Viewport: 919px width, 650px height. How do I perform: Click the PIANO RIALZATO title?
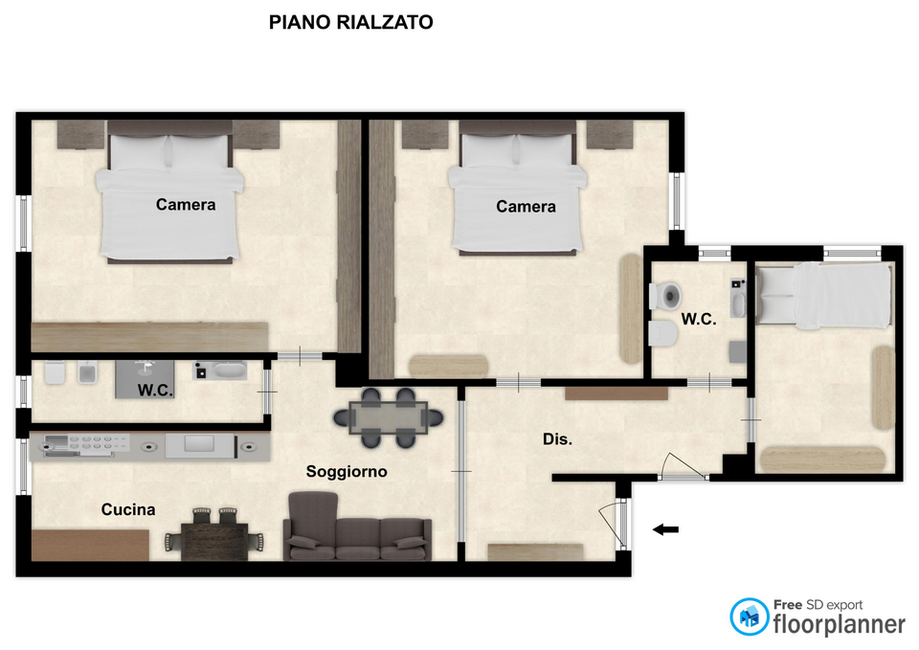pyautogui.click(x=350, y=22)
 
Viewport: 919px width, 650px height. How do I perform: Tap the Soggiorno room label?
pyautogui.click(x=347, y=472)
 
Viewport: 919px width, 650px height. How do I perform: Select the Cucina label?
pyautogui.click(x=127, y=509)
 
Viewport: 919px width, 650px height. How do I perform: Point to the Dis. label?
pyautogui.click(x=557, y=439)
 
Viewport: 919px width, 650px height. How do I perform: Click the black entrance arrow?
pyautogui.click(x=666, y=529)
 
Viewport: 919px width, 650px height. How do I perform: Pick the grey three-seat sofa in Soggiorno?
pyautogui.click(x=357, y=528)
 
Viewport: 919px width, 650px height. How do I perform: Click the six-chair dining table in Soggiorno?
pyautogui.click(x=388, y=418)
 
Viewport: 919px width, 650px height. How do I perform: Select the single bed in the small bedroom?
pyautogui.click(x=824, y=294)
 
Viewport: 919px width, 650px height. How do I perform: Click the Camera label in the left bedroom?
pyautogui.click(x=185, y=205)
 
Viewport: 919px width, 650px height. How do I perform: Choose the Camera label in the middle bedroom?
pyautogui.click(x=526, y=207)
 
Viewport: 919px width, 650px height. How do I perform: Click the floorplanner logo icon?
pyautogui.click(x=749, y=616)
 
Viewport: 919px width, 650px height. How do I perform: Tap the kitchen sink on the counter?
pyautogui.click(x=56, y=445)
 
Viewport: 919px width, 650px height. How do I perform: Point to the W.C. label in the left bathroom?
pyautogui.click(x=155, y=391)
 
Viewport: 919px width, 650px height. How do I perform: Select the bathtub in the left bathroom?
pyautogui.click(x=220, y=371)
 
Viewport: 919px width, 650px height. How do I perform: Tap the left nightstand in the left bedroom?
pyautogui.click(x=80, y=134)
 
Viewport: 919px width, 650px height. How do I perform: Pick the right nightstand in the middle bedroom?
pyautogui.click(x=610, y=134)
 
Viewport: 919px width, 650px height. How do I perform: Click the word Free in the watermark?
pyautogui.click(x=788, y=604)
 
